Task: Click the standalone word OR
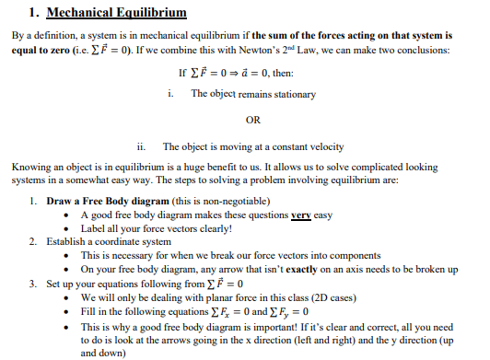(254, 121)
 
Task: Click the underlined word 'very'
(300, 214)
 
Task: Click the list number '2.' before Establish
(32, 241)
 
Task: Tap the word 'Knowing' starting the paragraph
(31, 167)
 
